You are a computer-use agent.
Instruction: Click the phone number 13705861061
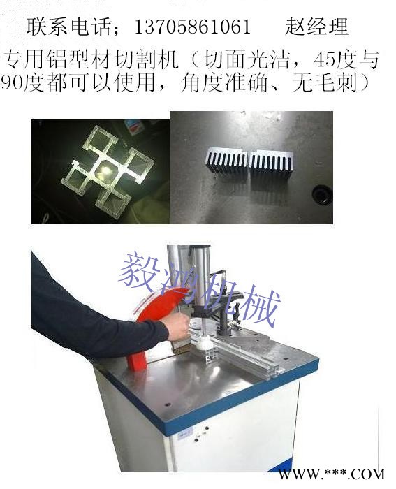pyautogui.click(x=193, y=27)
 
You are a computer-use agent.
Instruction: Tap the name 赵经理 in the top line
pyautogui.click(x=316, y=27)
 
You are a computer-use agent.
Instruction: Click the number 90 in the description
pyautogui.click(x=12, y=84)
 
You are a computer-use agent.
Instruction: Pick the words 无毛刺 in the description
pyautogui.click(x=324, y=83)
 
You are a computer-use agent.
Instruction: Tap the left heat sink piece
pyautogui.click(x=227, y=161)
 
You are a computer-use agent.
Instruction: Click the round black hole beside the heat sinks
pyautogui.click(x=321, y=195)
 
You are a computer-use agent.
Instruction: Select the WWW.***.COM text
pyautogui.click(x=332, y=474)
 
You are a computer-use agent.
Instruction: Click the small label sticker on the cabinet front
pyautogui.click(x=185, y=434)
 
